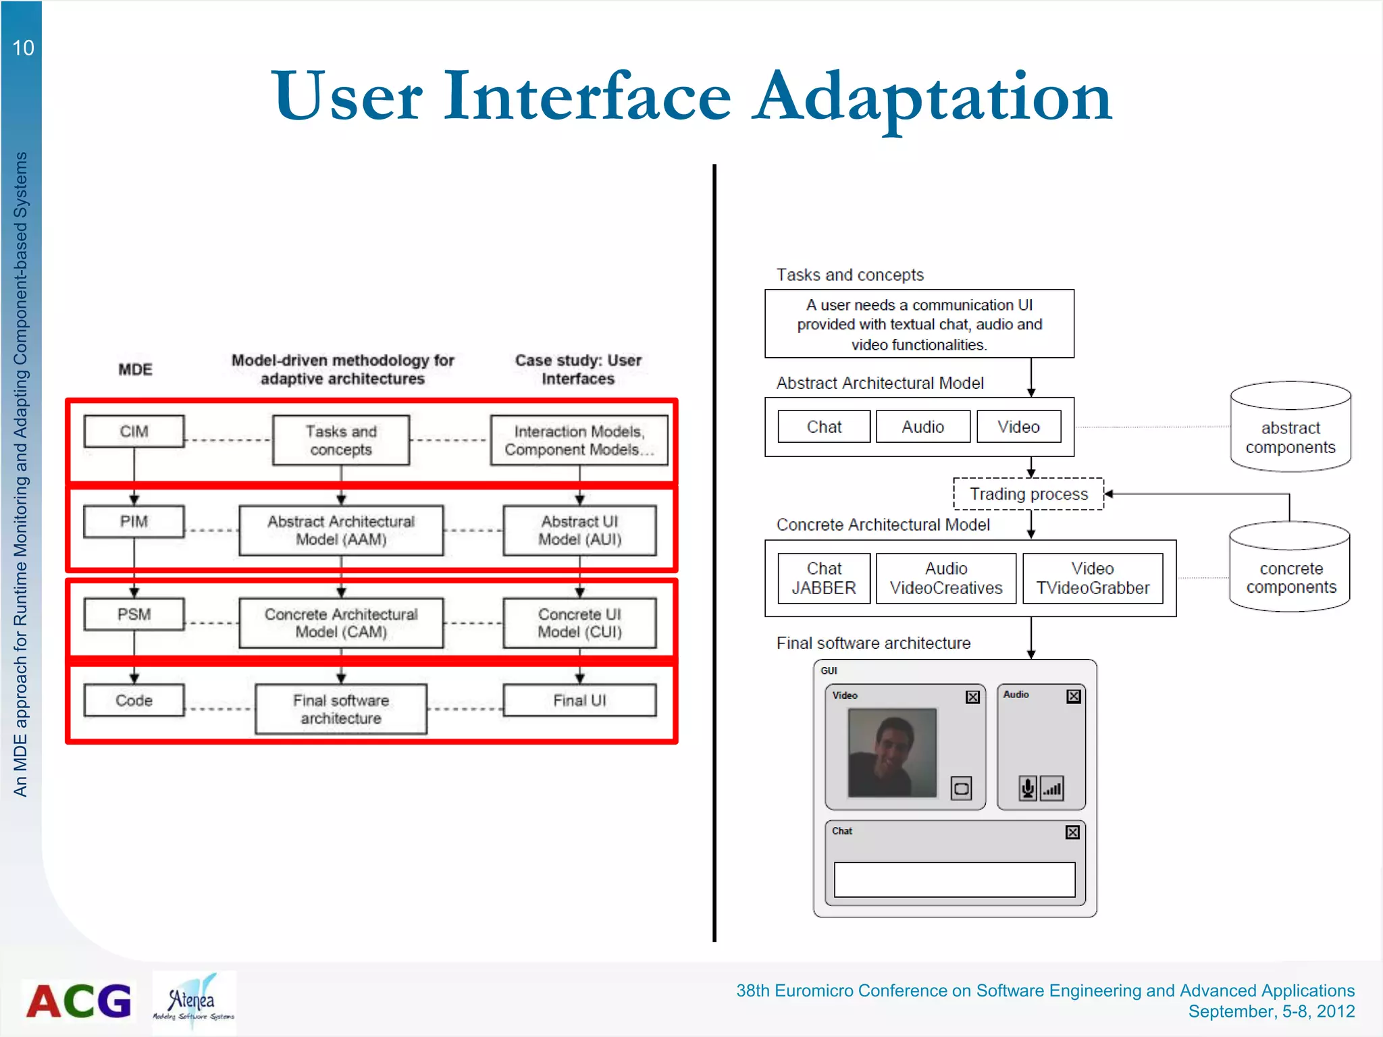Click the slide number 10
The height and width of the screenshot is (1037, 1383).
click(x=23, y=48)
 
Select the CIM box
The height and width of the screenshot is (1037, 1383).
click(x=134, y=431)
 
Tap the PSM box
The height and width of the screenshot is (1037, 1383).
click(x=134, y=614)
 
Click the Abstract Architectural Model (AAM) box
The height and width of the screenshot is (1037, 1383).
click(x=341, y=531)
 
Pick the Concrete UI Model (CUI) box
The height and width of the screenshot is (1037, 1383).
click(x=579, y=623)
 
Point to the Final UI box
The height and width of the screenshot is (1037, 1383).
click(x=579, y=701)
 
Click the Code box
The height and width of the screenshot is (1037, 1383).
click(x=134, y=701)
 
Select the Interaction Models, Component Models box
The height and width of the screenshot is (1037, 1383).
click(x=579, y=440)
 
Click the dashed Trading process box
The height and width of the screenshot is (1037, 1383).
click(x=1028, y=494)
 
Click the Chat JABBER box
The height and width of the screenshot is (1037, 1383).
click(x=824, y=579)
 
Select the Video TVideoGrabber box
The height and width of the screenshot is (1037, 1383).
click(x=1093, y=579)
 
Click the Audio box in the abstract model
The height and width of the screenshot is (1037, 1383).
click(x=922, y=427)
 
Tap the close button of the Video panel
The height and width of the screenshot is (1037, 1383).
click(x=972, y=697)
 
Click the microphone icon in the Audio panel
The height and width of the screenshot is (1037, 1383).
click(x=1027, y=788)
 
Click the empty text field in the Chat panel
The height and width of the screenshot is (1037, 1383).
click(x=954, y=879)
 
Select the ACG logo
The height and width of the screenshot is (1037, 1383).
click(x=79, y=1001)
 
